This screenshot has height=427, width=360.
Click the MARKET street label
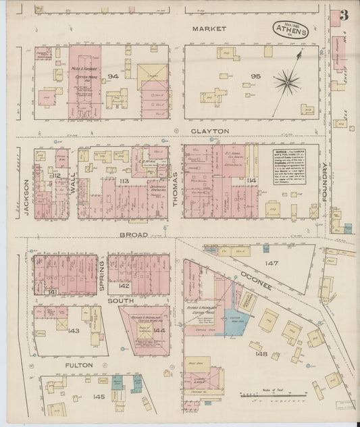point(209,29)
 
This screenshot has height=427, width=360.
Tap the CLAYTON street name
point(209,131)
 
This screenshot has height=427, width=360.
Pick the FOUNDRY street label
point(326,180)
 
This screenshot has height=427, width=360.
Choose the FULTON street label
point(78,366)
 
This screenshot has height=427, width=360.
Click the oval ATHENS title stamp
point(291,30)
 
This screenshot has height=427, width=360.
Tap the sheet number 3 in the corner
point(344,16)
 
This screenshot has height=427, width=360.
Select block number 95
point(255,76)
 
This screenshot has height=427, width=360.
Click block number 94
point(113,76)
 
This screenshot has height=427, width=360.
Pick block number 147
point(272,263)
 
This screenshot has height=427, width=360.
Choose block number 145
point(99,396)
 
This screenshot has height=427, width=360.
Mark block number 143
point(74,330)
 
